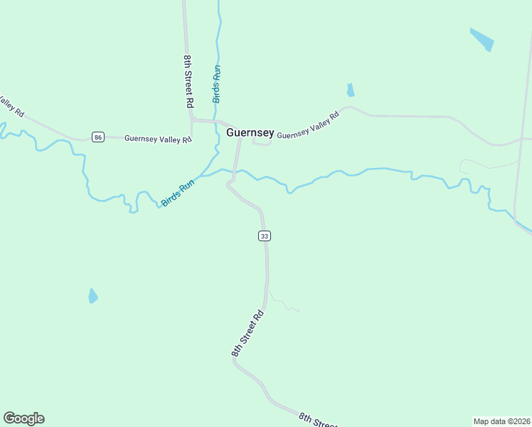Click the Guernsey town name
point(250,132)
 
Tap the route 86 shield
point(98,137)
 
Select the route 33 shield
point(265,236)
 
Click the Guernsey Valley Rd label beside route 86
point(158,139)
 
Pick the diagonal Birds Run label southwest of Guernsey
point(178,193)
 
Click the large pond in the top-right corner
point(482,39)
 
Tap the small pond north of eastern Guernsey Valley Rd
point(350,90)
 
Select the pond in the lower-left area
point(92,296)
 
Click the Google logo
point(23,418)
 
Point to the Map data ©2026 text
point(501,421)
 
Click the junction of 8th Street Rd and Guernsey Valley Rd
point(192,120)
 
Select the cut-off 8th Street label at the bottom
point(317,420)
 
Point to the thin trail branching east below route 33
point(283,304)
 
